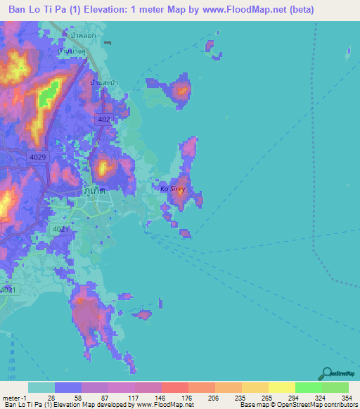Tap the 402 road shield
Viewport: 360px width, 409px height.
104,119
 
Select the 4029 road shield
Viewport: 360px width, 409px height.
37,157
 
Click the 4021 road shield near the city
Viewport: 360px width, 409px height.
61,229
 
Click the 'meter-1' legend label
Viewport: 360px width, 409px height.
13,397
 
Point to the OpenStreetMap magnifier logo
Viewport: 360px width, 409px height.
326,374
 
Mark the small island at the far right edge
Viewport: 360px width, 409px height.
349,53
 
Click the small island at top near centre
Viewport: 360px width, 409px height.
209,46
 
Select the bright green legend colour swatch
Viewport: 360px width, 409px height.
308,387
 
